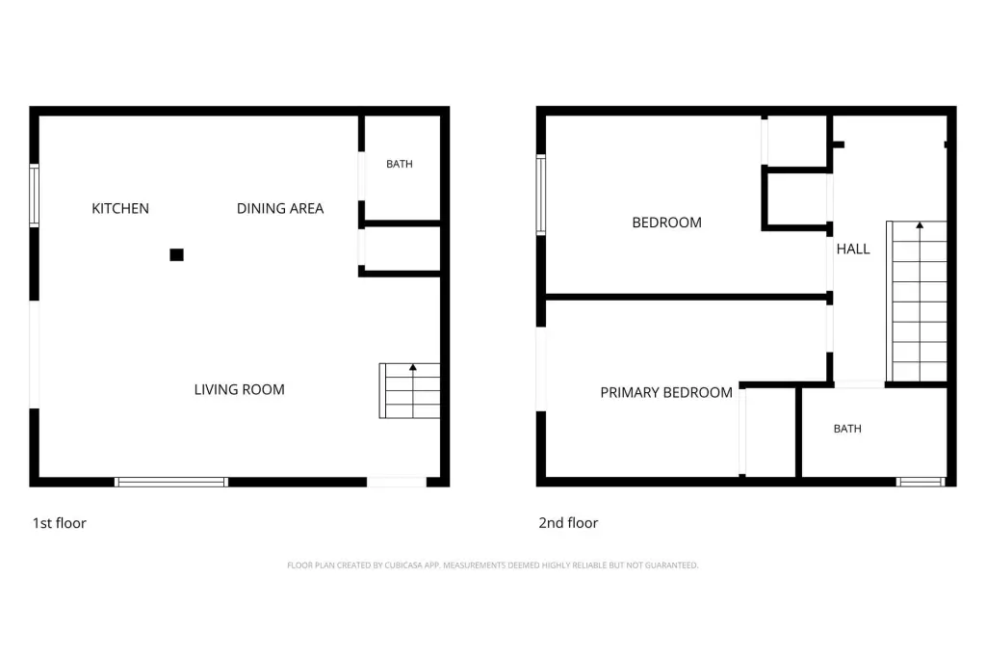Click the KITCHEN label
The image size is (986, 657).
[x=120, y=208]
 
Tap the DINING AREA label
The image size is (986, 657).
[x=280, y=208]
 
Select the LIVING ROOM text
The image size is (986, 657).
[x=239, y=389]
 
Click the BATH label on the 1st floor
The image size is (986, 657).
[x=400, y=164]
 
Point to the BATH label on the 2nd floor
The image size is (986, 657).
[x=847, y=429]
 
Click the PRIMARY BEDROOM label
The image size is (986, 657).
[x=666, y=393]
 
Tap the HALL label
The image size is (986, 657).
[x=853, y=250]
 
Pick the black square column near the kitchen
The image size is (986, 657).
[x=177, y=255]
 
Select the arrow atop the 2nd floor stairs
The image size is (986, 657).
[x=920, y=301]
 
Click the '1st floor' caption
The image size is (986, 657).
[x=59, y=523]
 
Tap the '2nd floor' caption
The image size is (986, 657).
[x=568, y=523]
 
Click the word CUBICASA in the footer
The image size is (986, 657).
[x=403, y=565]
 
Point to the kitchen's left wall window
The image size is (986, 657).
[x=35, y=196]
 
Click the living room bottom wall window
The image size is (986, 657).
[x=171, y=482]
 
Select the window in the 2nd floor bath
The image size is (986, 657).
[x=921, y=482]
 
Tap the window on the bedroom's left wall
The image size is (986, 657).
[x=541, y=195]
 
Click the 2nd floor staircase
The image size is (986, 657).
[x=917, y=301]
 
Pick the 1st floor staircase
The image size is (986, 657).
[x=409, y=391]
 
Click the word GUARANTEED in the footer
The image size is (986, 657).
[x=671, y=565]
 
